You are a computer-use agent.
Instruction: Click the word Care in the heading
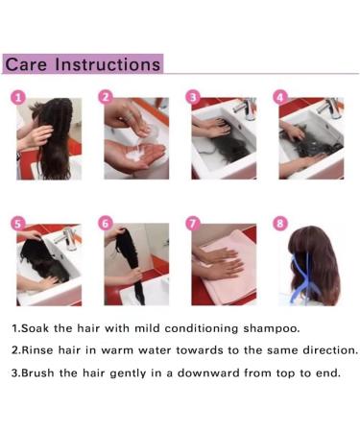pyautogui.click(x=26, y=64)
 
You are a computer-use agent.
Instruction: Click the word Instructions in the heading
pyautogui.click(x=108, y=64)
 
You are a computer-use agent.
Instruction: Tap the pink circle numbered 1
pyautogui.click(x=18, y=98)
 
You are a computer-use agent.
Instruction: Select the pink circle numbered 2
pyautogui.click(x=106, y=97)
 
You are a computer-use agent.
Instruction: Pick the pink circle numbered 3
pyautogui.click(x=193, y=97)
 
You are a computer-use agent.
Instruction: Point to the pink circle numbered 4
pyautogui.click(x=280, y=97)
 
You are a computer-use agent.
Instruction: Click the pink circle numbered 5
pyautogui.click(x=18, y=224)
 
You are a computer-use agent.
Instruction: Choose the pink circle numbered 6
pyautogui.click(x=106, y=223)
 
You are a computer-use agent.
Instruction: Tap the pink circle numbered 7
pyautogui.click(x=193, y=223)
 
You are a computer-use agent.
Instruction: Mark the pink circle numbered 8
pyautogui.click(x=280, y=223)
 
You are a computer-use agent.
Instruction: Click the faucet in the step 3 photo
pyautogui.click(x=246, y=108)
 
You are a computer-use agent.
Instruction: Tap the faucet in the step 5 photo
pyautogui.click(x=66, y=238)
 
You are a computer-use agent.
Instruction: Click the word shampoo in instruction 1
pyautogui.click(x=272, y=329)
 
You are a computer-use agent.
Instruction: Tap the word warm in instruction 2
pyautogui.click(x=117, y=350)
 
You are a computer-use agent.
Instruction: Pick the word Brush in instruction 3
pyautogui.click(x=38, y=372)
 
